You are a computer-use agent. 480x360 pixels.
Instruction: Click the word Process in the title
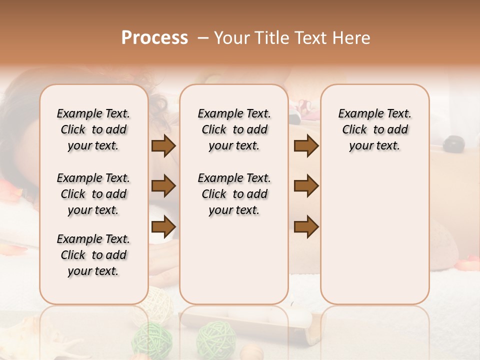(154, 38)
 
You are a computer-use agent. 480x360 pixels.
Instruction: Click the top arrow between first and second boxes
(163, 146)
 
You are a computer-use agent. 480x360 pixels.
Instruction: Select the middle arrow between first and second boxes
(163, 186)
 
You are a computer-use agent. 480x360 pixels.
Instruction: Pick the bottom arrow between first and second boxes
(163, 226)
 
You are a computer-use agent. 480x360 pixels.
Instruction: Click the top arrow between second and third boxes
(306, 146)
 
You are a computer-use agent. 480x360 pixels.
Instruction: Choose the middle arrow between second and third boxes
(306, 186)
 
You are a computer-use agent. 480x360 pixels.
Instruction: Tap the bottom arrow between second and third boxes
(306, 226)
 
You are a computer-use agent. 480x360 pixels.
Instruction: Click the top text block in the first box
(93, 129)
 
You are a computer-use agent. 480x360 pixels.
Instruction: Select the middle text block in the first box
(93, 194)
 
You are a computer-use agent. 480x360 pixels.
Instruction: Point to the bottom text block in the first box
(93, 255)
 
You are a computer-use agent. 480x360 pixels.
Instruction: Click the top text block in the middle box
(234, 129)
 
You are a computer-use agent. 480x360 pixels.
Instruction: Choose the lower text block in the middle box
(234, 194)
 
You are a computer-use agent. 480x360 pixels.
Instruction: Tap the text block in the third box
(374, 129)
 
